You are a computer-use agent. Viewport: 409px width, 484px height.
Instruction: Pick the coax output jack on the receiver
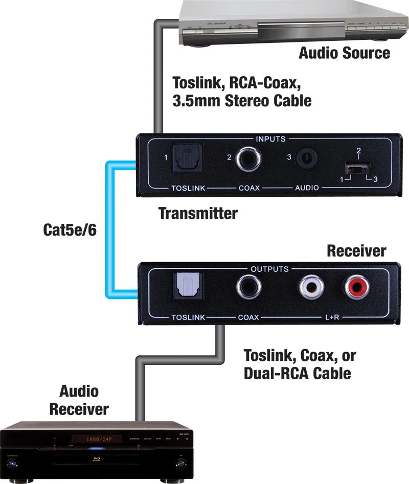[x=248, y=288]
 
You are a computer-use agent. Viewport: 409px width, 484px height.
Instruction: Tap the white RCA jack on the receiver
[x=311, y=288]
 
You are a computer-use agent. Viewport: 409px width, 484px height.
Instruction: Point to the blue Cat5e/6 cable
[x=108, y=230]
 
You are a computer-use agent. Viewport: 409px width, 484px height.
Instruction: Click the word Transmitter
[x=198, y=213]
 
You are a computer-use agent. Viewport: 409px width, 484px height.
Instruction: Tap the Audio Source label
[x=344, y=53]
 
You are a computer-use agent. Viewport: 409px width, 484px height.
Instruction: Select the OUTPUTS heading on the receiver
[x=269, y=269]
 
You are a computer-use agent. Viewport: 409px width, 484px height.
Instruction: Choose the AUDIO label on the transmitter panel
[x=307, y=188]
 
